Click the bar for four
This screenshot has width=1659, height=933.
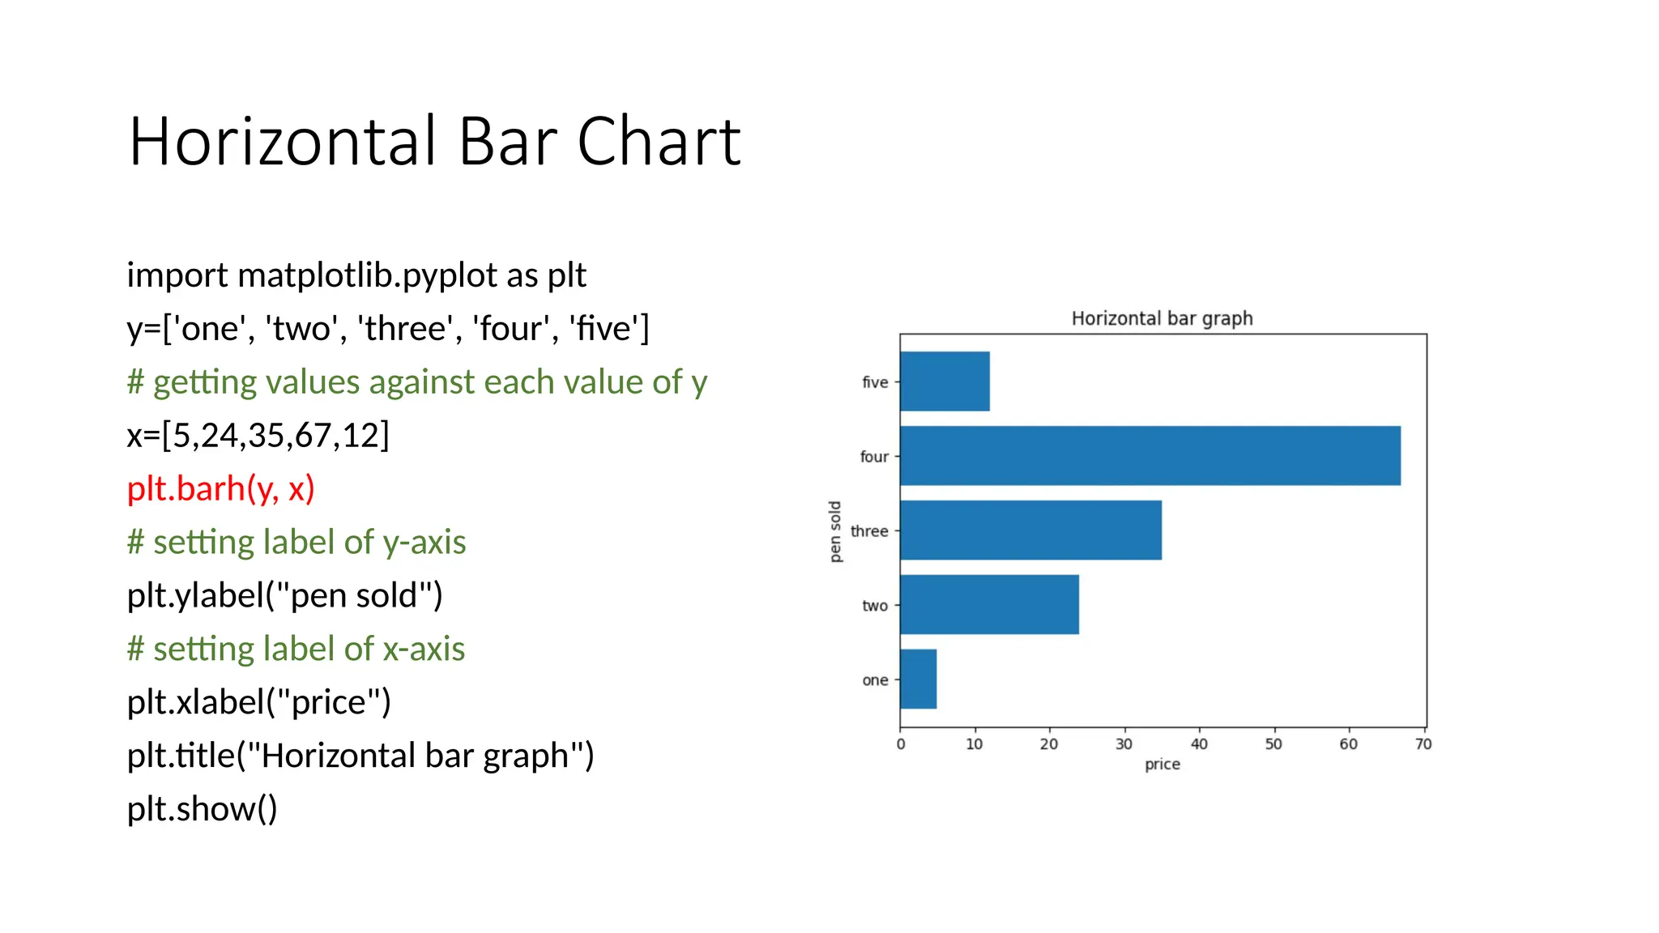point(1150,456)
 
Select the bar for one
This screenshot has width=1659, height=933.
point(919,679)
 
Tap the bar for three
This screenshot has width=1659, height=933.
point(1030,530)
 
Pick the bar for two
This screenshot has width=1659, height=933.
point(989,605)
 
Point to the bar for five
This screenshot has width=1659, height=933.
point(945,381)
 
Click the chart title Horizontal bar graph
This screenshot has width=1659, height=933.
point(1162,318)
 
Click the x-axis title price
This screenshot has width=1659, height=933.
point(1162,764)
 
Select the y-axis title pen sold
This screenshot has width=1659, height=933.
point(835,531)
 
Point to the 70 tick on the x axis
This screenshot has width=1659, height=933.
point(1423,743)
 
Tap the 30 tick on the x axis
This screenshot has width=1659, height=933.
point(1124,743)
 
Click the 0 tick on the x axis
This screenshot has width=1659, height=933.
point(900,743)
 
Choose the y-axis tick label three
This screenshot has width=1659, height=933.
point(869,531)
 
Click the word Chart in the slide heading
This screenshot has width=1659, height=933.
point(659,142)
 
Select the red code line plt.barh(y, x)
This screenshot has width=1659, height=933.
point(220,488)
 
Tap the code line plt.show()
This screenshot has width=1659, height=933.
point(202,808)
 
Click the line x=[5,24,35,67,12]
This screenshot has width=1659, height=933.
point(258,435)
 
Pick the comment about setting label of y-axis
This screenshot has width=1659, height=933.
point(296,542)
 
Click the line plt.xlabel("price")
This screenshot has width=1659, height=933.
point(258,701)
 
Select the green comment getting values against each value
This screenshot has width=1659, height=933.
point(417,381)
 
